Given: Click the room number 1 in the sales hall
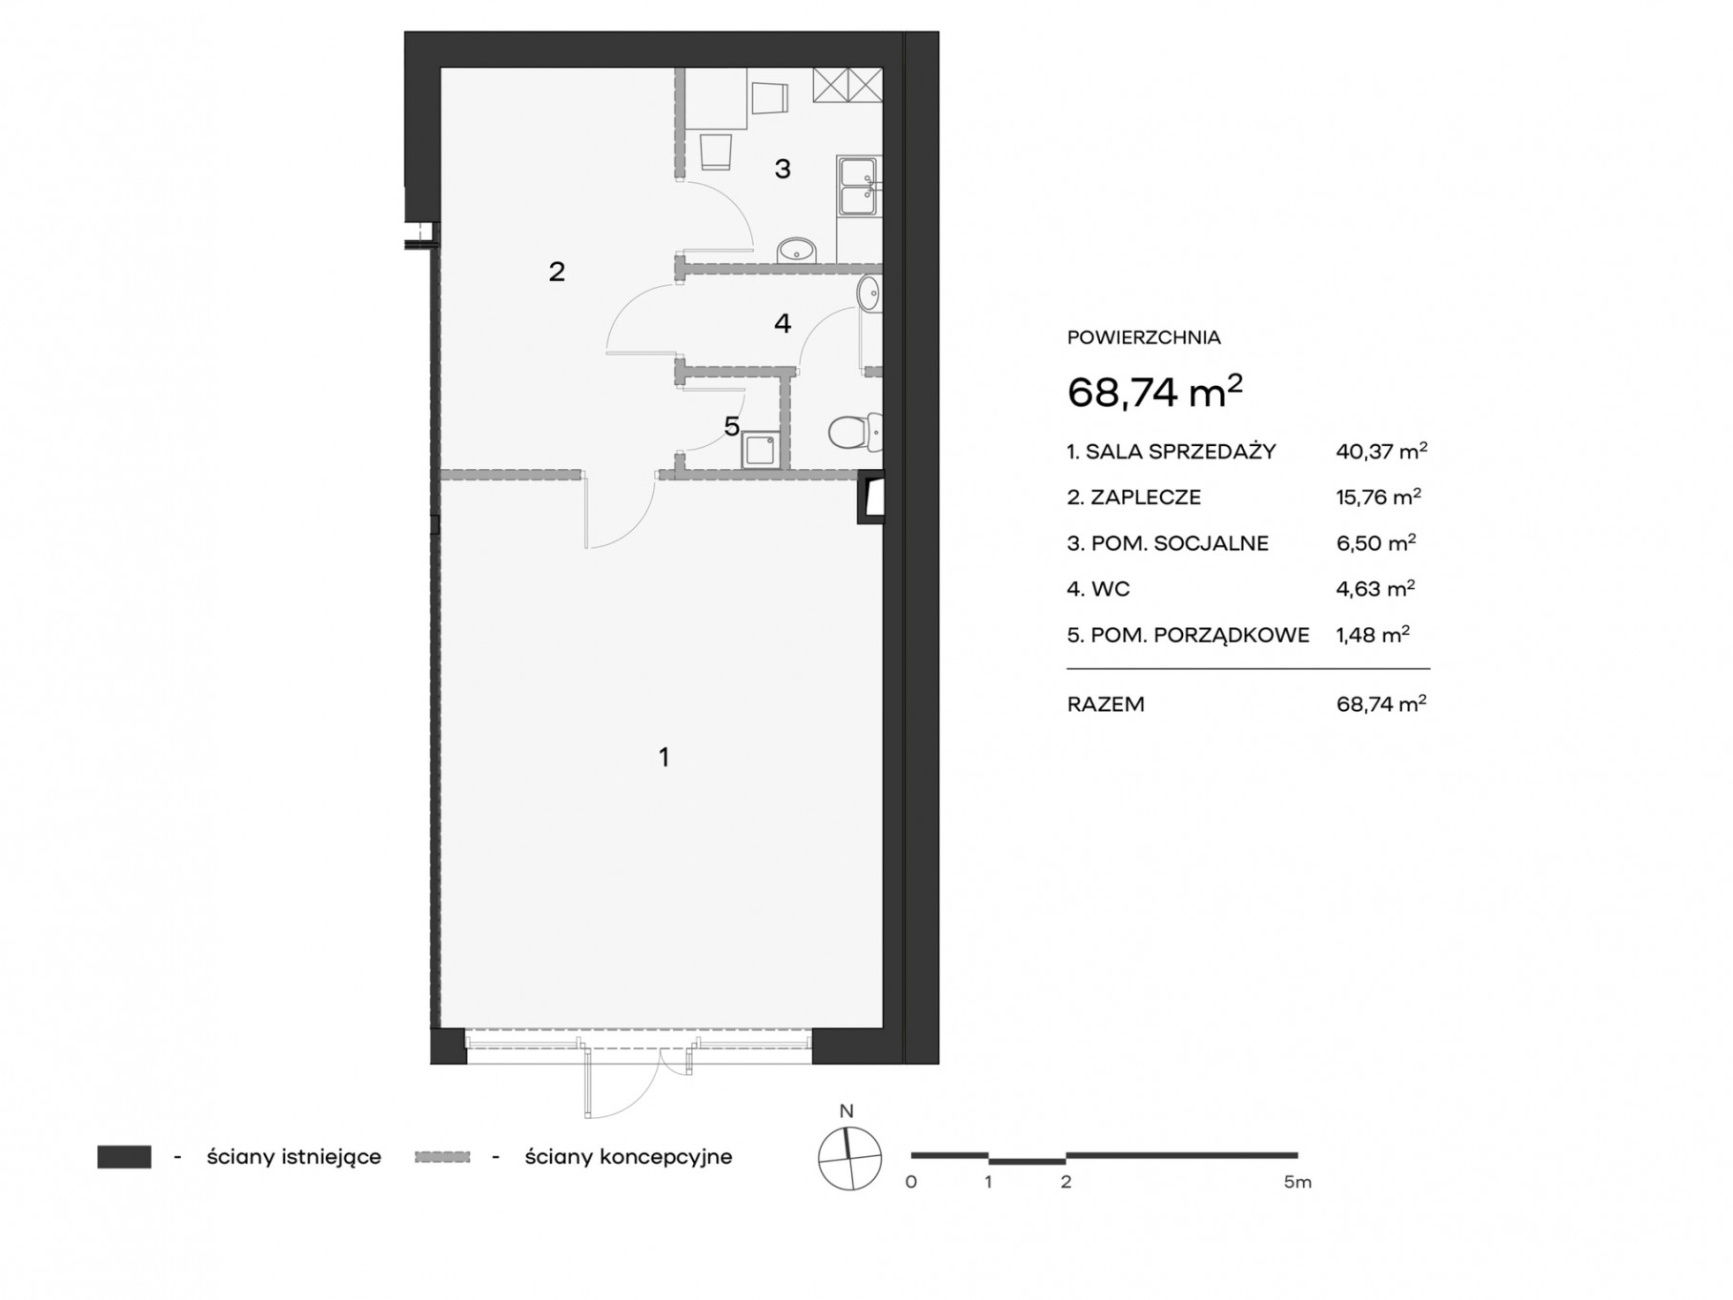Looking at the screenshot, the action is coord(663,758).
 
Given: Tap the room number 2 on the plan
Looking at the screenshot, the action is coord(557,272).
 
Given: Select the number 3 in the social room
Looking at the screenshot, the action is coord(783,169).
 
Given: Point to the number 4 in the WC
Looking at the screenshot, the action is coord(783,323).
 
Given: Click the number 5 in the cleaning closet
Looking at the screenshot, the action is coord(731,426).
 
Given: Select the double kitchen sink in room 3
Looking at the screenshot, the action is coord(859,187).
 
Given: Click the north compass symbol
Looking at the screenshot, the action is coord(849,1158).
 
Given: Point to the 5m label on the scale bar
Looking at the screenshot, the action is coord(1297,1182).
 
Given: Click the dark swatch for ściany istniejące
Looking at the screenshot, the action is coord(124,1156).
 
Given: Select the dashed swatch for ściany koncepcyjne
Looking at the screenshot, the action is coord(443,1157).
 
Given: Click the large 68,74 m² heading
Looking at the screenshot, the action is coord(1154,391).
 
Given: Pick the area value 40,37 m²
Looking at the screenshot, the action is coord(1381,451).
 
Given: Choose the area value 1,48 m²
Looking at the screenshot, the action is coord(1373,635).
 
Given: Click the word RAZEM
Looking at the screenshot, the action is coord(1106,704).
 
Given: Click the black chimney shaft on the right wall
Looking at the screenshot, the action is coord(871,498).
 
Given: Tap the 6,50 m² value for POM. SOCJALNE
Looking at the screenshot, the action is coord(1376,543).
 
